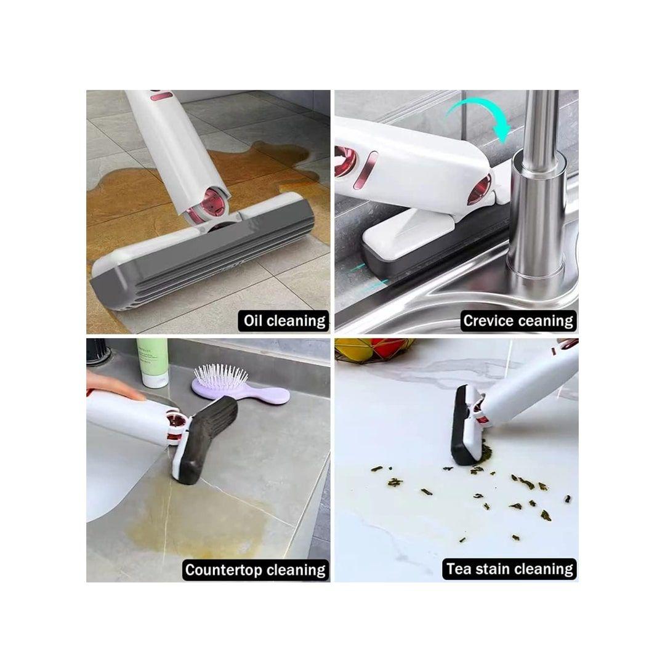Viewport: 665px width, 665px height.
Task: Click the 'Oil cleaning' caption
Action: pyautogui.click(x=284, y=321)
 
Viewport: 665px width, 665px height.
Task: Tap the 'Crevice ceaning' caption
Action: pyautogui.click(x=518, y=321)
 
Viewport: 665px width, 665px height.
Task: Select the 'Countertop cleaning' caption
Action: pyautogui.click(x=256, y=570)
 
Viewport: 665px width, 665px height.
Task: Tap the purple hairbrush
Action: pyautogui.click(x=240, y=387)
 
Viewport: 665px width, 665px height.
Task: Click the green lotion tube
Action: pyautogui.click(x=152, y=363)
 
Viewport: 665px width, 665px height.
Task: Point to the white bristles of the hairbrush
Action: pyautogui.click(x=221, y=375)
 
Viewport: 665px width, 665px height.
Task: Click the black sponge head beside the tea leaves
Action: pyautogui.click(x=462, y=426)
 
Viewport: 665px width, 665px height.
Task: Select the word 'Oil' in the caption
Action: pyautogui.click(x=253, y=321)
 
